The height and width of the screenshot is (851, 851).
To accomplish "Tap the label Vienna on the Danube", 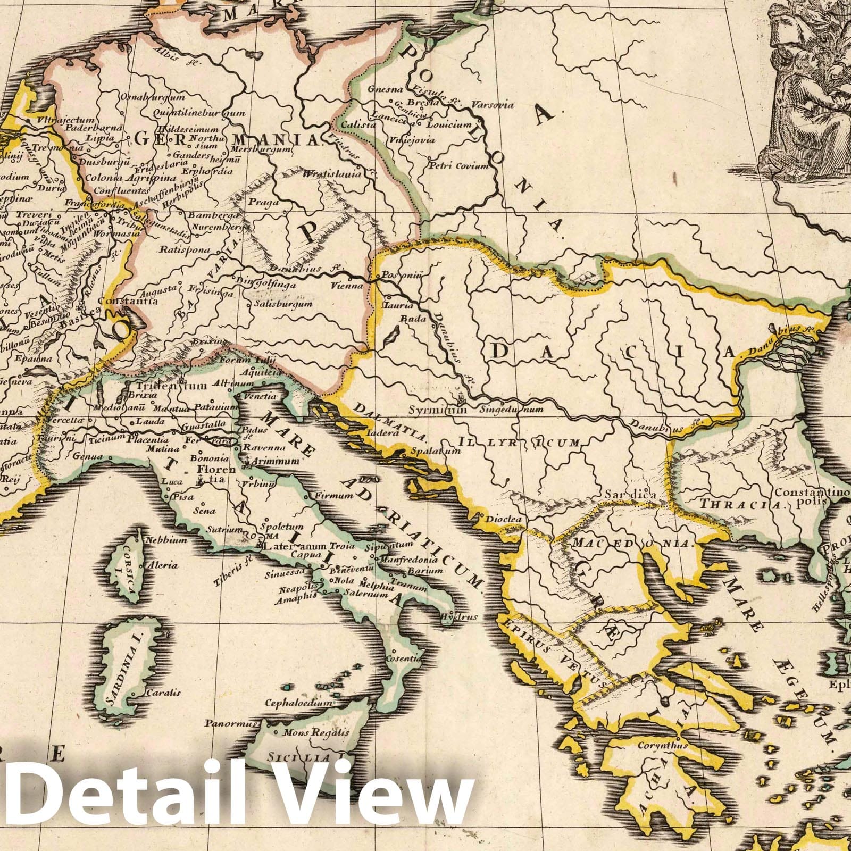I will [346, 286].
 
